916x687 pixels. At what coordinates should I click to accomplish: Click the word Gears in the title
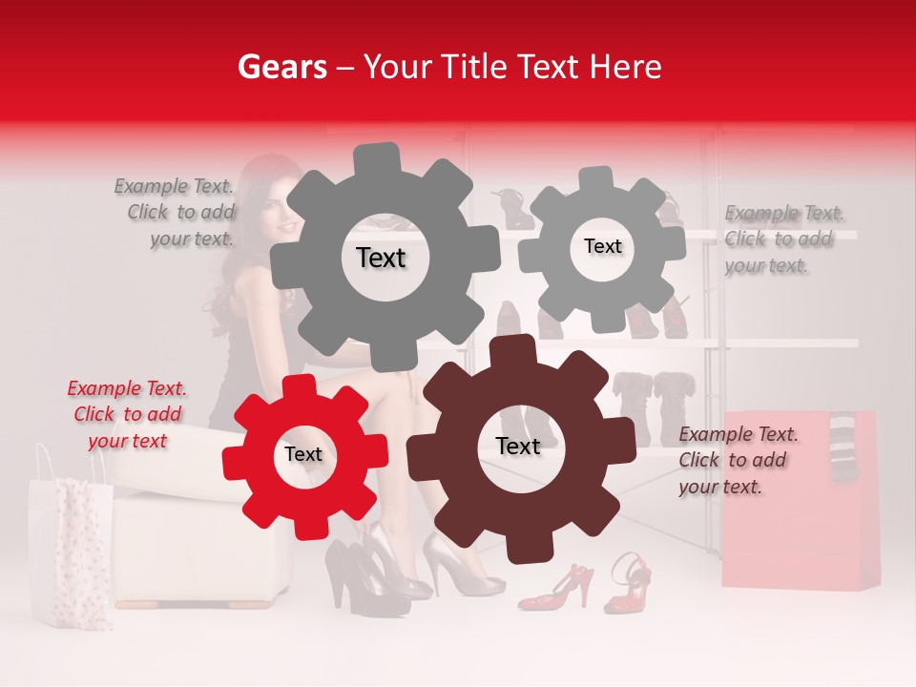(x=282, y=67)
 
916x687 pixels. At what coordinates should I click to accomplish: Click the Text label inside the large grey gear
(x=381, y=258)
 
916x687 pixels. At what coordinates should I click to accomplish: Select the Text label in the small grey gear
(x=602, y=246)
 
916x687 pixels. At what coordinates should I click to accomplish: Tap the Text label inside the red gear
(x=302, y=454)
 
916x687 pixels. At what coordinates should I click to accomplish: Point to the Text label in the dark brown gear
(x=517, y=446)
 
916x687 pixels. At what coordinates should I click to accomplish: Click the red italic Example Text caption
(x=127, y=415)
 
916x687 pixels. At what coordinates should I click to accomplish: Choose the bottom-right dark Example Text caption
(x=737, y=461)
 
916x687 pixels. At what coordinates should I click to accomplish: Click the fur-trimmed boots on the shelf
(x=654, y=406)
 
